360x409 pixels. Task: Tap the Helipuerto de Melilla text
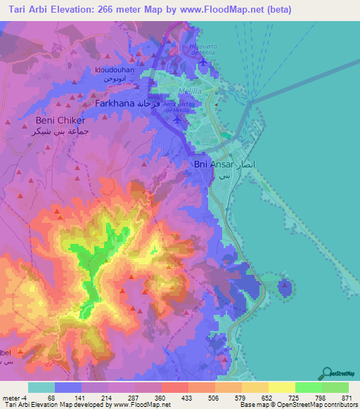point(198,51)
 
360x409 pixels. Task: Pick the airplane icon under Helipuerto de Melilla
point(203,60)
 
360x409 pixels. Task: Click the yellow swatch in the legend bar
point(281,387)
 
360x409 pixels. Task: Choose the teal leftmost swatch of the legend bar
point(41,387)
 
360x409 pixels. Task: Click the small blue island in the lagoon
point(284,287)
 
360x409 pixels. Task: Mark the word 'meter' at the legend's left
point(11,398)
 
